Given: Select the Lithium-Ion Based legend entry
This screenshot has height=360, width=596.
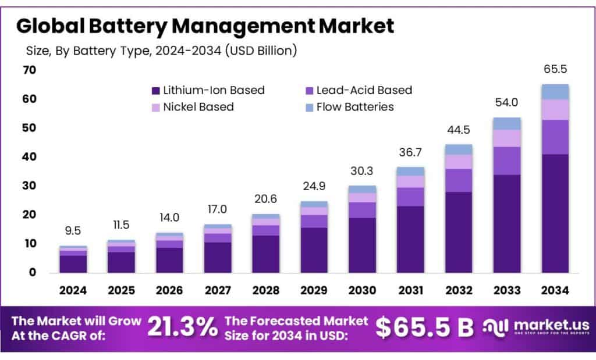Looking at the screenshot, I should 207,90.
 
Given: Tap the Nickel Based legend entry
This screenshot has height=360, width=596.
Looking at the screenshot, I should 192,107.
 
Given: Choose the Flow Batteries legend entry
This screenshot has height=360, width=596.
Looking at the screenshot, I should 349,107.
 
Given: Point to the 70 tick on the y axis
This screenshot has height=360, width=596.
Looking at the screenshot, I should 29,70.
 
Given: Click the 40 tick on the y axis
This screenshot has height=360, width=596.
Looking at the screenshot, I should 29,157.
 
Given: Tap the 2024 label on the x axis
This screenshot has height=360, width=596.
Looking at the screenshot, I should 73,290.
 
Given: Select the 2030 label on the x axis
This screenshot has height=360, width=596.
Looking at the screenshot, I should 362,290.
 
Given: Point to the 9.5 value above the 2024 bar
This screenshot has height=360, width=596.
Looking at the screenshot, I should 73,231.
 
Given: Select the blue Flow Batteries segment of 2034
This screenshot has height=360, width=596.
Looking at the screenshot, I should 555,92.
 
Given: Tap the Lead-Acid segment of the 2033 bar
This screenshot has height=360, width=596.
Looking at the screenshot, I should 507,161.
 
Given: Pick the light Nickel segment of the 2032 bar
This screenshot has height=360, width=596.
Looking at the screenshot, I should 459,162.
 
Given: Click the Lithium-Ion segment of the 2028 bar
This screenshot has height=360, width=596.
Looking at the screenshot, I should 266,254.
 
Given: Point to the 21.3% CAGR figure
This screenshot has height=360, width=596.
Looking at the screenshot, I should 182,327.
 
